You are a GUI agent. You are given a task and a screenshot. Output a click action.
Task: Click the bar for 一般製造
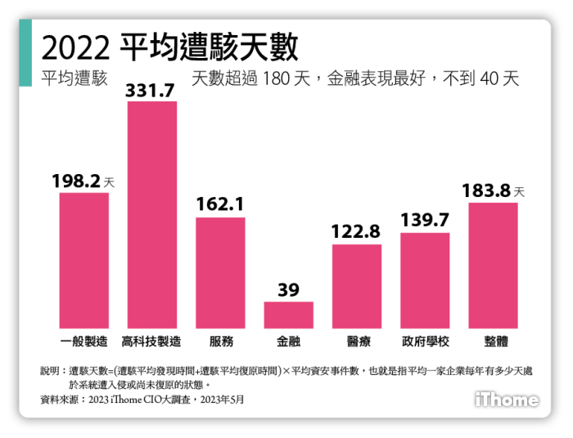click(83, 260)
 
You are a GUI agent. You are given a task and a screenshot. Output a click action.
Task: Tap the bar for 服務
click(220, 272)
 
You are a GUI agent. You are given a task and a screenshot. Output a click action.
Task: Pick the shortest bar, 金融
click(288, 315)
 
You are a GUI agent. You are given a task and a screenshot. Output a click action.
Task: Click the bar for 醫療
click(356, 286)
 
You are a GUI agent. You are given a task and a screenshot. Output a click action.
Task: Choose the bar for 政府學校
click(425, 280)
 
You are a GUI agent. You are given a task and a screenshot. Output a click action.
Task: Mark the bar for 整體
click(493, 265)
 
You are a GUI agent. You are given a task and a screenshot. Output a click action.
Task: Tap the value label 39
click(288, 290)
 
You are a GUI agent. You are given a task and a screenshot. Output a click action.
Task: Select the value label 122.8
click(356, 232)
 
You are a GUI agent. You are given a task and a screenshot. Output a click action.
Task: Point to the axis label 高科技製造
click(151, 341)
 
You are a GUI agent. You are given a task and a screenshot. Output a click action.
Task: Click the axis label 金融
click(288, 341)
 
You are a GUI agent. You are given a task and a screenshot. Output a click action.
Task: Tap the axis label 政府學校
click(425, 341)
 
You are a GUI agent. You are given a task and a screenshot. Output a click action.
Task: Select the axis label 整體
click(493, 341)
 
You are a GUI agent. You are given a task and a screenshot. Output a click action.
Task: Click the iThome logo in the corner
click(507, 400)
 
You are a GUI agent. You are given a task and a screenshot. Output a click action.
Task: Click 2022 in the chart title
click(74, 49)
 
